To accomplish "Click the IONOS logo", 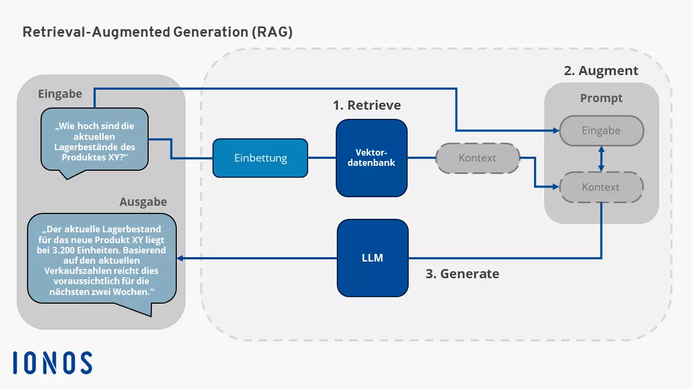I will point(52,363).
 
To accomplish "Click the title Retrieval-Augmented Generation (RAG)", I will point(157,32).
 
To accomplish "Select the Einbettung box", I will point(260,158).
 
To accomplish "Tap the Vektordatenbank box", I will point(371,158).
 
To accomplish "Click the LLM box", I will point(372,258).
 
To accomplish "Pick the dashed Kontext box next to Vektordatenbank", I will point(477,158).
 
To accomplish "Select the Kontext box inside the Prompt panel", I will point(601,187).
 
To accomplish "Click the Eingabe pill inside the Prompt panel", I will point(601,131).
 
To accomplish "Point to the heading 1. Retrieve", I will point(367,104).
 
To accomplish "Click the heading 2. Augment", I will point(601,71).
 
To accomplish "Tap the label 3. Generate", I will point(462,274).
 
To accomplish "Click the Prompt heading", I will point(601,98).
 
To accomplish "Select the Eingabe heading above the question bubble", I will point(60,94).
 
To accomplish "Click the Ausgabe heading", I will point(143,202).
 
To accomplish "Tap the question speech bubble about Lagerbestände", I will point(95,141).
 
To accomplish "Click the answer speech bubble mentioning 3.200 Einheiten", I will point(102,260).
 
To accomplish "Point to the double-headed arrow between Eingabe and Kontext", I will point(601,159).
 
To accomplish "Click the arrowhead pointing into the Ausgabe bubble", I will point(181,258).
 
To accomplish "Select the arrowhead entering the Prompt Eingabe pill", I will point(555,131).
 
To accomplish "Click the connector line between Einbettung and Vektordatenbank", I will point(322,158).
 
